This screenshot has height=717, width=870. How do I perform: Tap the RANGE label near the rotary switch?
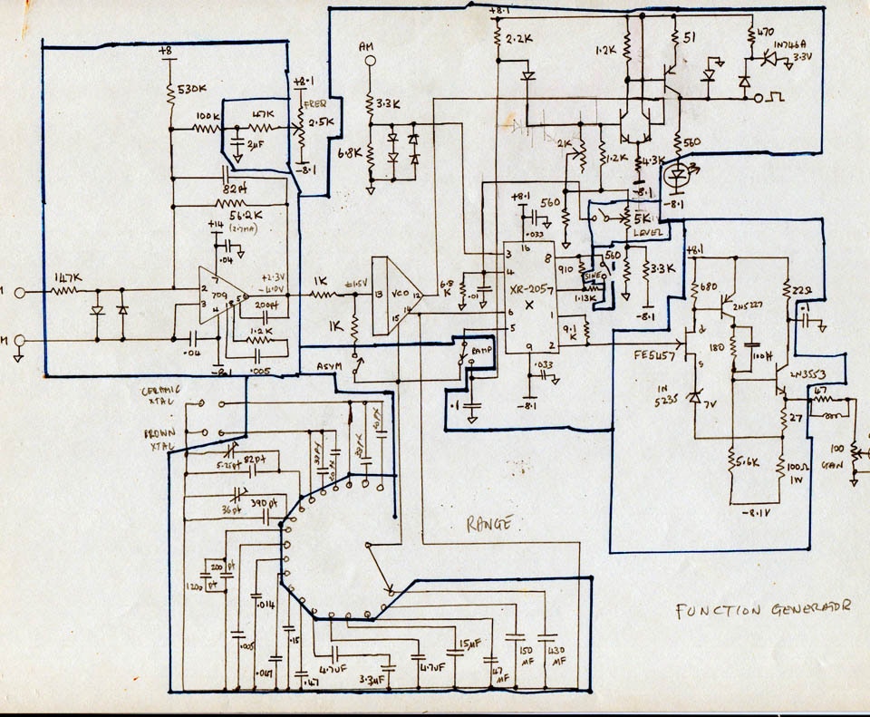[x=491, y=523]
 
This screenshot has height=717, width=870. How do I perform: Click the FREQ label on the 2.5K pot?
[x=315, y=101]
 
